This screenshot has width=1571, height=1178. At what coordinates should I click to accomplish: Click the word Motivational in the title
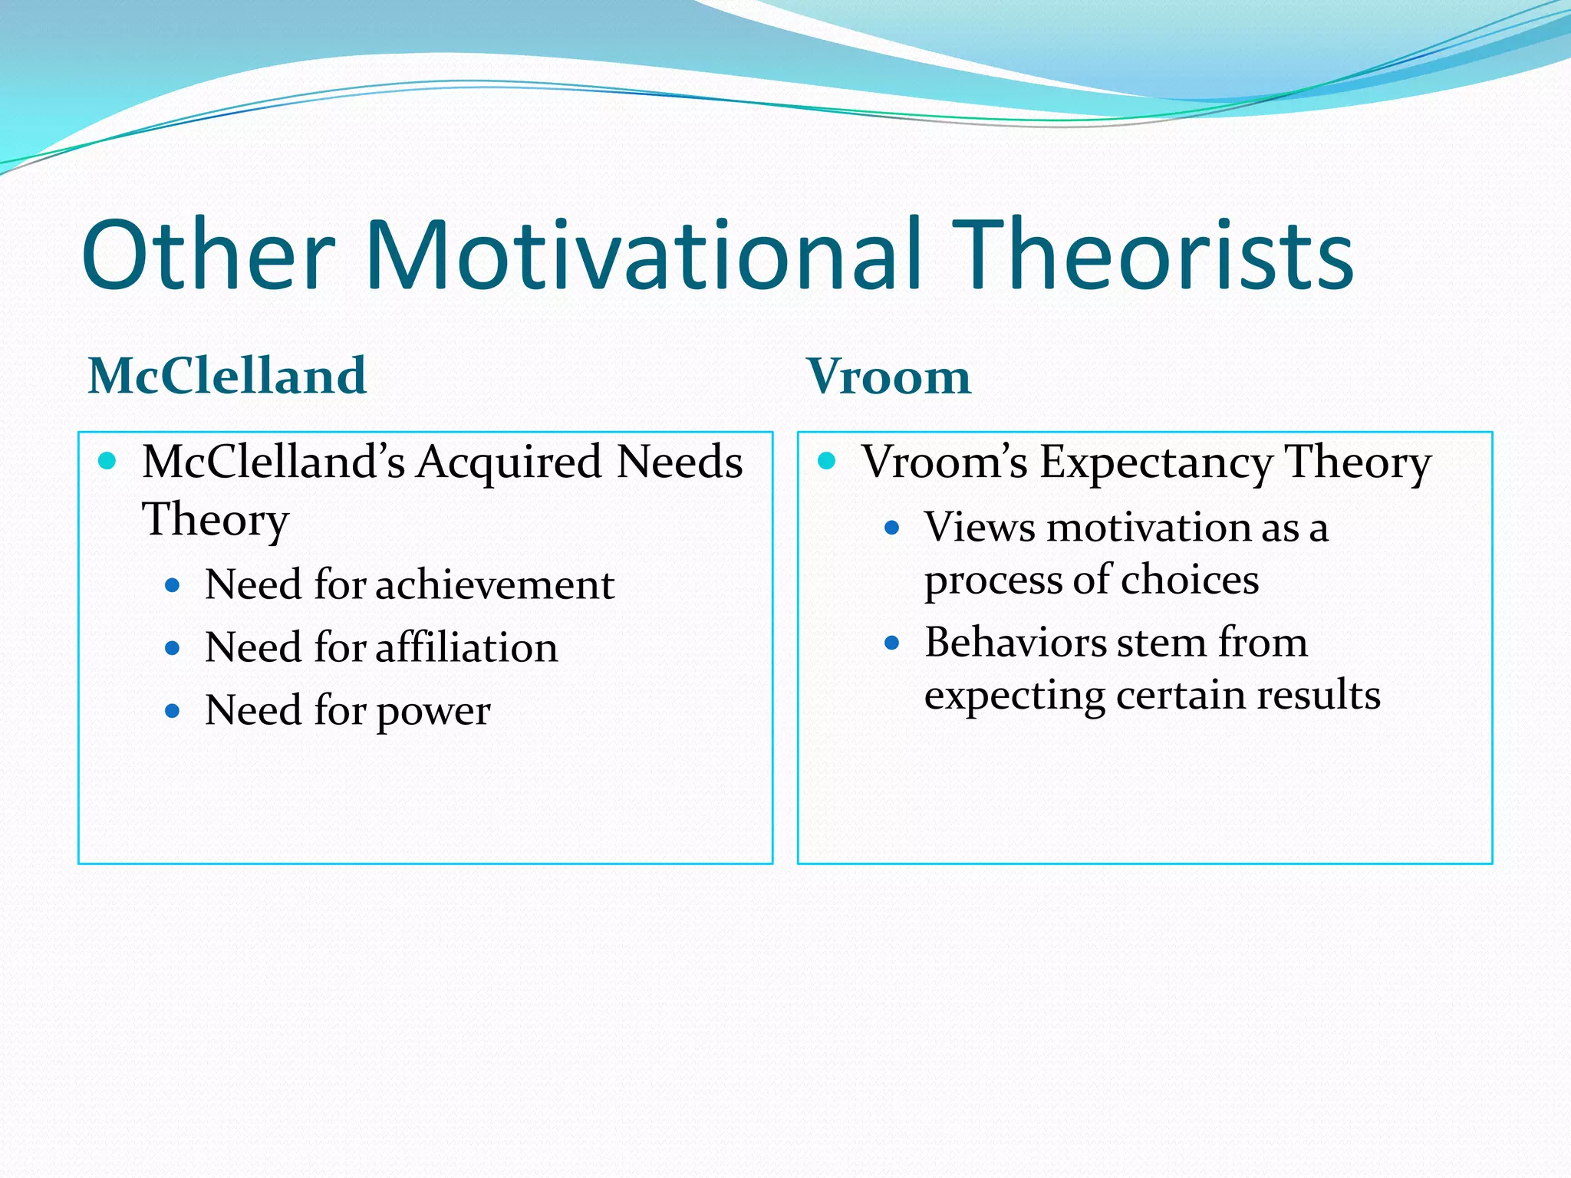click(643, 255)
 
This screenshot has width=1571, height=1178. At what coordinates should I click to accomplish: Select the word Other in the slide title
click(209, 255)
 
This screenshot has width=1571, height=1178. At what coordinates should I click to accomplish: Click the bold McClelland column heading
click(227, 376)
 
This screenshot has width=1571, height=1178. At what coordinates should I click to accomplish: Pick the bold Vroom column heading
click(888, 377)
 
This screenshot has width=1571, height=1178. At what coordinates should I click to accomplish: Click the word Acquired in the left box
click(509, 462)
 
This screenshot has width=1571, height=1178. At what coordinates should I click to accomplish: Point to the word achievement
click(495, 585)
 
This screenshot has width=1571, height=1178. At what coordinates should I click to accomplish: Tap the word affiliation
click(466, 648)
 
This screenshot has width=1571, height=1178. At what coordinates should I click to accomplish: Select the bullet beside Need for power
click(173, 712)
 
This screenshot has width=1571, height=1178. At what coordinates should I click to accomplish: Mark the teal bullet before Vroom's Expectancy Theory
click(826, 460)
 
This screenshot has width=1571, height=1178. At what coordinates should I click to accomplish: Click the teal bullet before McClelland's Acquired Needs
click(107, 460)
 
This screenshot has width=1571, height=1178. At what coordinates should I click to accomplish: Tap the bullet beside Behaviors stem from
click(891, 643)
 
